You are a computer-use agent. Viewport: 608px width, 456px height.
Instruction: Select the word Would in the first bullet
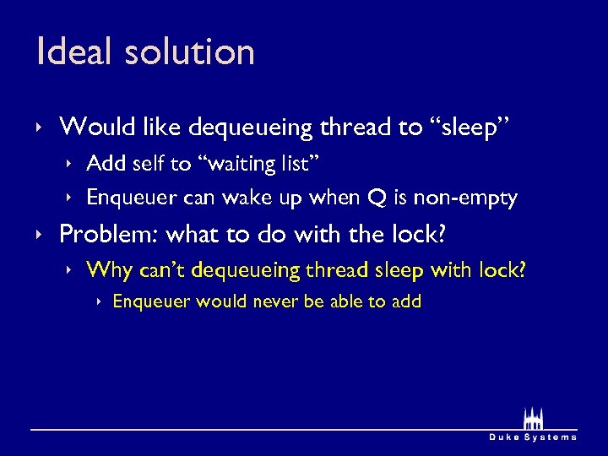[92, 128]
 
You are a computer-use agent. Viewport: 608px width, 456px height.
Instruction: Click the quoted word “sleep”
[470, 128]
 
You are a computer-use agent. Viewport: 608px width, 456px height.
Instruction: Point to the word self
[145, 163]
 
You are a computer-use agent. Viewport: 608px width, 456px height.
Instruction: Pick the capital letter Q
[375, 198]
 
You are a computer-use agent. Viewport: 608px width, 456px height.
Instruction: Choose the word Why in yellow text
[106, 269]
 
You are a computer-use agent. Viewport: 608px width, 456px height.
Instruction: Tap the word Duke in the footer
[505, 437]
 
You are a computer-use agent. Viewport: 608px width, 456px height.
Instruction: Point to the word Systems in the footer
[551, 437]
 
